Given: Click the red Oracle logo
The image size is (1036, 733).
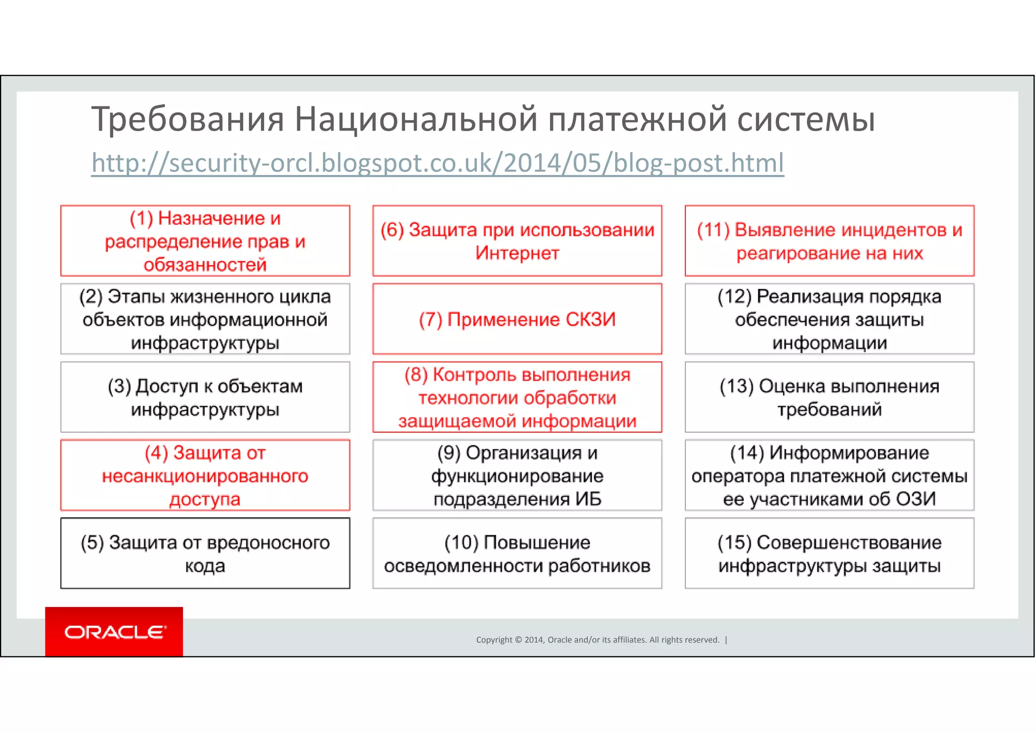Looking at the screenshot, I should pyautogui.click(x=114, y=632).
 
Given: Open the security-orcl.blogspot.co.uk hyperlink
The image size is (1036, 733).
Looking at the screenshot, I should pyautogui.click(x=438, y=163).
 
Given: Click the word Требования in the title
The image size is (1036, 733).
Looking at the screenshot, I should pyautogui.click(x=188, y=119).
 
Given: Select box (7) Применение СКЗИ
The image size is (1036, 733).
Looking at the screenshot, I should pyautogui.click(x=517, y=319).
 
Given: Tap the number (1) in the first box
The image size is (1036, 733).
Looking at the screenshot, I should pyautogui.click(x=141, y=218).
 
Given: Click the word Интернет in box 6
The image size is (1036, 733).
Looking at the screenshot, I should pyautogui.click(x=517, y=253).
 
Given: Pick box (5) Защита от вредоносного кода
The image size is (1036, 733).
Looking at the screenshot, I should pyautogui.click(x=205, y=553).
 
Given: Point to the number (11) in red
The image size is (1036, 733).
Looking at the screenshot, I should pyautogui.click(x=713, y=230).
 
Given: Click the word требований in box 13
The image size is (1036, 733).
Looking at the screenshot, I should pyautogui.click(x=829, y=409).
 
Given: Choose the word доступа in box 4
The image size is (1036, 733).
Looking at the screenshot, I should pyautogui.click(x=205, y=499).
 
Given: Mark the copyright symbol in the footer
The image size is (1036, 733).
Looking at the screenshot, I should pyautogui.click(x=518, y=640).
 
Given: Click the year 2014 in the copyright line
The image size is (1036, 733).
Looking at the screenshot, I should pyautogui.click(x=534, y=640).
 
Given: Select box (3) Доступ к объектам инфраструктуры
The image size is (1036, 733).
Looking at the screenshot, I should pyautogui.click(x=205, y=397).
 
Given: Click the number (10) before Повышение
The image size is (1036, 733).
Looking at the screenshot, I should pyautogui.click(x=461, y=543).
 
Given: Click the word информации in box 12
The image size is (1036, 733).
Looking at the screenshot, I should pyautogui.click(x=829, y=343).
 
